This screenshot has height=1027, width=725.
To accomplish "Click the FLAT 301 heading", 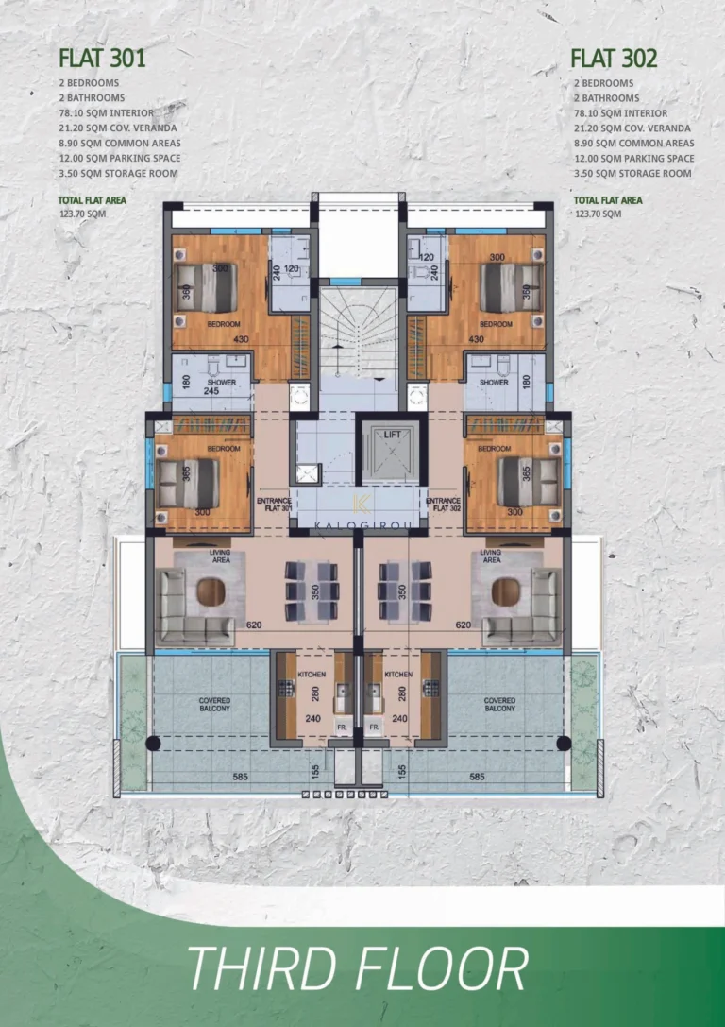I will pos(102,59).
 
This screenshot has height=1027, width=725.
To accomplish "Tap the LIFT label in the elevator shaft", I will pos(391,434).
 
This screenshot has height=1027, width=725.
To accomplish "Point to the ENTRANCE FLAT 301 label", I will pos(273,502).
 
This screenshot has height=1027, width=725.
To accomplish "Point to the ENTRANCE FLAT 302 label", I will pos(442,502).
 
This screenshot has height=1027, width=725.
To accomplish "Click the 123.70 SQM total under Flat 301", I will pos(82,214).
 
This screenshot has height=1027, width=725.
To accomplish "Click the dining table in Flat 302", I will pos(404,591).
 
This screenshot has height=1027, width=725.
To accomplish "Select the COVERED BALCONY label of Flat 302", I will pos(500,704).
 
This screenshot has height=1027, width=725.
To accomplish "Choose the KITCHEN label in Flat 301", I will pos(312,676).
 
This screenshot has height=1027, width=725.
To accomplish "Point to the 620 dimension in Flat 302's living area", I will pos(463,625).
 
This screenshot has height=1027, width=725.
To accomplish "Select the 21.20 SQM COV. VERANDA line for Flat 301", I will pos(117,128).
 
